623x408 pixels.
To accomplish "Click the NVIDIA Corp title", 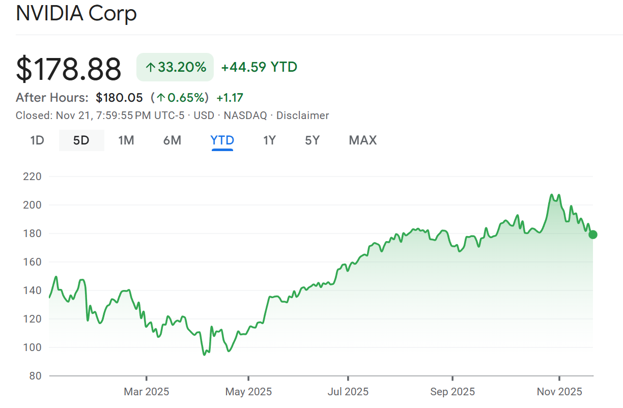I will pos(76,14).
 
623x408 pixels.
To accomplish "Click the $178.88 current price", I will pos(69,69).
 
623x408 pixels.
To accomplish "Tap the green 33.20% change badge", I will pos(175,67).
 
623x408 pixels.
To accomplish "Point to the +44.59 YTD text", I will pos(259,67).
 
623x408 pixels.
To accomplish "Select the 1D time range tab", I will pos(37,140).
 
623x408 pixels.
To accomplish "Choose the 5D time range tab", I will pos(81,140).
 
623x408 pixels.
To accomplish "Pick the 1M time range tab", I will pos(126,140).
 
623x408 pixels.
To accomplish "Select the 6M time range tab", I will pos(172,140).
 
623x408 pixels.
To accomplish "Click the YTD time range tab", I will pos(222,140).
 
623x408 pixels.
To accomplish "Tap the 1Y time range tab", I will pos(269,140).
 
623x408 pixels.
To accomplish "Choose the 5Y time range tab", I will pos(313,140).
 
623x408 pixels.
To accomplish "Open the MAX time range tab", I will pos(363,140).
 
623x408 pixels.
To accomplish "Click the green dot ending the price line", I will pos(593,235).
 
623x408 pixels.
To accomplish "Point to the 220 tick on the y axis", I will pos(32,177).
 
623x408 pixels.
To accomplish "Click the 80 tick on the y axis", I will pos(35,376).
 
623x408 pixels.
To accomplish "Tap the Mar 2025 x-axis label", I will pos(147,392).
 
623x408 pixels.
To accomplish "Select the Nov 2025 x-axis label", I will pos(559,392).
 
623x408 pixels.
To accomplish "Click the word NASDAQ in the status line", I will pos(245,115).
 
